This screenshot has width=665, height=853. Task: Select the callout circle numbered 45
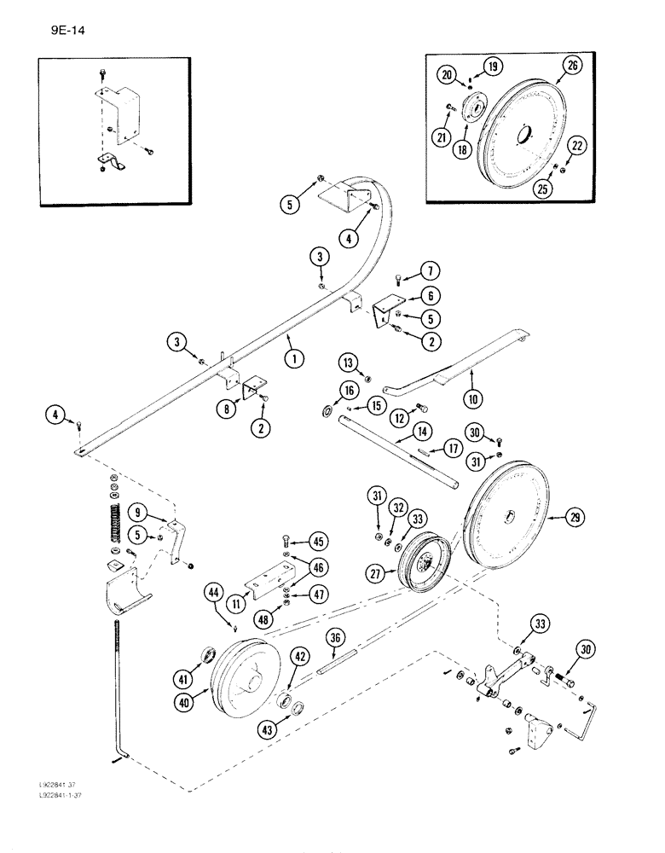[317, 542]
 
